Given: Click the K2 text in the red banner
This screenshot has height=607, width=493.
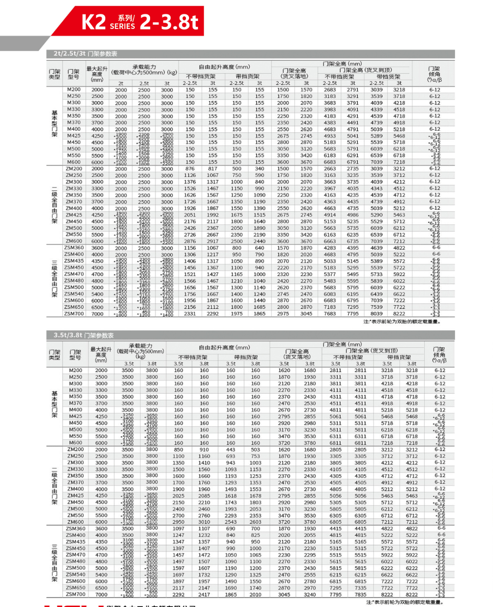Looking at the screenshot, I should pyautogui.click(x=94, y=22).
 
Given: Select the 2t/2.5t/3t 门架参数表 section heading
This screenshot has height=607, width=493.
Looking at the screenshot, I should pyautogui.click(x=85, y=54).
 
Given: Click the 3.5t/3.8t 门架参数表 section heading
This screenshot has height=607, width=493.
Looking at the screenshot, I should pyautogui.click(x=84, y=335).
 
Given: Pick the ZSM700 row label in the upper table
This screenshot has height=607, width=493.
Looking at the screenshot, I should pyautogui.click(x=74, y=314).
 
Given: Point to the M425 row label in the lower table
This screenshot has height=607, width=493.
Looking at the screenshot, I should pyautogui.click(x=75, y=416).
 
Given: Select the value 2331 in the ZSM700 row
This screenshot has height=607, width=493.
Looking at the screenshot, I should pyautogui.click(x=190, y=314).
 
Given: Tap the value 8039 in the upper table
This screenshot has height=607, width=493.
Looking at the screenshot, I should pyautogui.click(x=377, y=314).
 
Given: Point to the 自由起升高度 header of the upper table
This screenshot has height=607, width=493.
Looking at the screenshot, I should pyautogui.click(x=224, y=67).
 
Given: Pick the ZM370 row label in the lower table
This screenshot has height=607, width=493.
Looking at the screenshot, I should pyautogui.click(x=75, y=482).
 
